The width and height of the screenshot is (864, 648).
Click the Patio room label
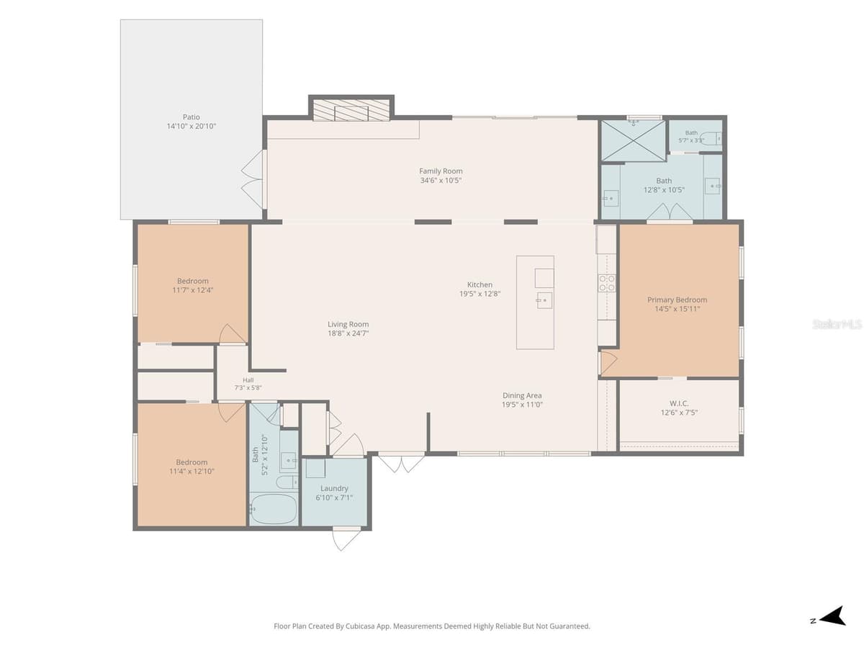pos(192,117)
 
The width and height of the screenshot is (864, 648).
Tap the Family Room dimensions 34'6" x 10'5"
pos(441,180)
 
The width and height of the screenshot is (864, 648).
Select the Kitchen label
pos(480,284)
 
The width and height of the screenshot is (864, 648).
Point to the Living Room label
pos(348,324)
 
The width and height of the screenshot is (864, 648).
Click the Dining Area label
pos(522,395)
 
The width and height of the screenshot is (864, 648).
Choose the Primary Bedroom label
pos(677,300)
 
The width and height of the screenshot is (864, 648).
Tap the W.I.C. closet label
pos(679,403)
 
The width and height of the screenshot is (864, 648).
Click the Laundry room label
pos(334,488)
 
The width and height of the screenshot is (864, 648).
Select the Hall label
pos(248,380)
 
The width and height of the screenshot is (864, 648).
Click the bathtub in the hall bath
pos(274,509)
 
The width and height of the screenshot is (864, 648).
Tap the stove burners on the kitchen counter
pos(607,283)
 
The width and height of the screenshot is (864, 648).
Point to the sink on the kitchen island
pos(544,300)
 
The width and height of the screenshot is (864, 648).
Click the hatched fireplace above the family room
pos(351,109)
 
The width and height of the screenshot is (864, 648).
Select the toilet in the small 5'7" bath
pos(711,138)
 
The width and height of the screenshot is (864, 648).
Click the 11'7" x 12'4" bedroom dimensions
pos(192,290)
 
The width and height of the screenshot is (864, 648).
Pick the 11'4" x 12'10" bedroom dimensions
pos(192,472)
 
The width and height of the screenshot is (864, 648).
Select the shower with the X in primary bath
pos(633,140)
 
